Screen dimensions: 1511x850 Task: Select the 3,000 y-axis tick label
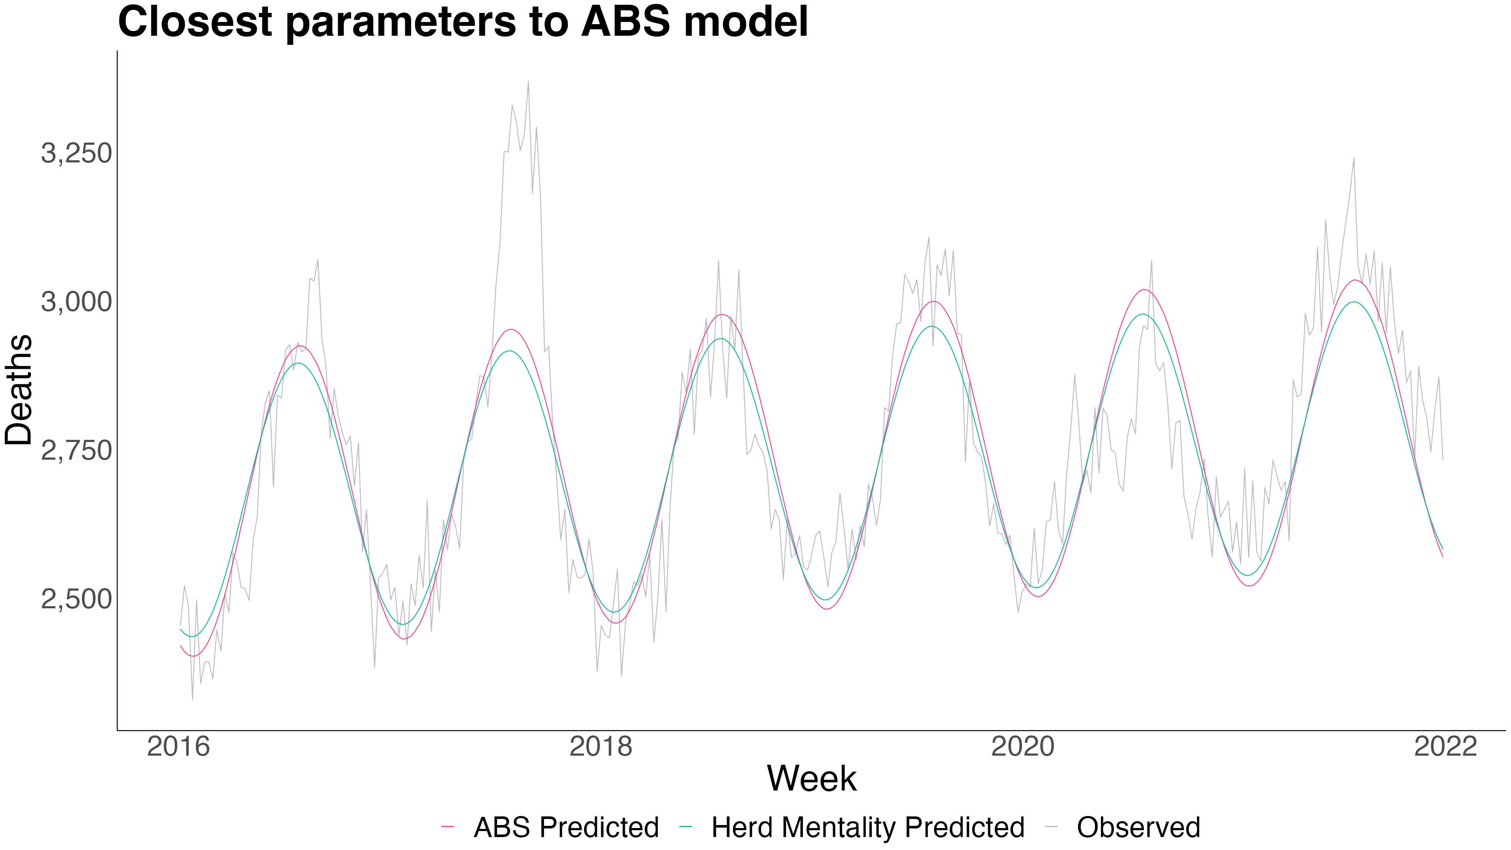[76, 302]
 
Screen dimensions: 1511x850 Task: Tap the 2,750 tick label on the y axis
[76, 451]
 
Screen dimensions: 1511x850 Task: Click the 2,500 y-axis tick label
[76, 600]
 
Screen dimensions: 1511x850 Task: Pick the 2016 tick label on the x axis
[178, 747]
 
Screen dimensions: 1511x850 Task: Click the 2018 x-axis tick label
[601, 747]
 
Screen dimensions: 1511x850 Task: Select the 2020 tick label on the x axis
[1023, 747]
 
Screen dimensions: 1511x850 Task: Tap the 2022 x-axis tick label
[1445, 747]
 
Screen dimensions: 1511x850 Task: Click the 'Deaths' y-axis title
[19, 390]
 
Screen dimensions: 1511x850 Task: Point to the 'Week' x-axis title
[812, 779]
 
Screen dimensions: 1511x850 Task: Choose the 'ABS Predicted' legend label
[566, 828]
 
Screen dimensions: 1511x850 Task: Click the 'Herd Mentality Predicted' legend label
[868, 828]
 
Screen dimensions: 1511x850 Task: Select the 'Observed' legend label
[1138, 828]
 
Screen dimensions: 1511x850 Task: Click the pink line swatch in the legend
[448, 827]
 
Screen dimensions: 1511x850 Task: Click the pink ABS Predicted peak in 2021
[1354, 280]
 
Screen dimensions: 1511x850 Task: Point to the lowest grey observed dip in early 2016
[193, 699]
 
